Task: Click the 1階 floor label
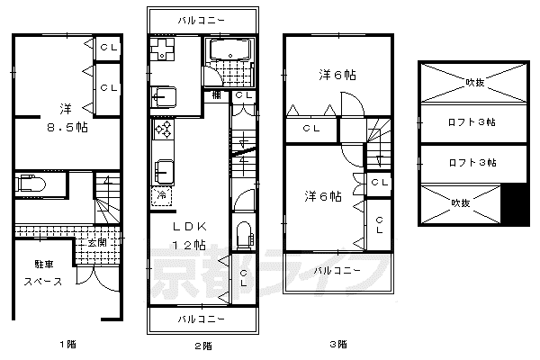pos(67,344)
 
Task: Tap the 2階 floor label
pos(203,346)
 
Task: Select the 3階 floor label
pos(338,344)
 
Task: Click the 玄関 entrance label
pos(97,242)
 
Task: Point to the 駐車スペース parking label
pos(43,273)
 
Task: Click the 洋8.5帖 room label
pos(67,118)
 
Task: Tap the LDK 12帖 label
pos(189,236)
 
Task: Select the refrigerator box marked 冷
pos(162,196)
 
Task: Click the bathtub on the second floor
pos(230,49)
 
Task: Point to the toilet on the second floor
pos(245,234)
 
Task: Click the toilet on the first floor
pos(31,184)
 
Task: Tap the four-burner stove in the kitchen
pos(163,130)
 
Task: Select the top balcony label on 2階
pos(202,21)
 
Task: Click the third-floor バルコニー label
pos(337,270)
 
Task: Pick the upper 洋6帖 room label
pos(337,75)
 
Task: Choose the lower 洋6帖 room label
pos(323,196)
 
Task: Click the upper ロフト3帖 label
pos(472,122)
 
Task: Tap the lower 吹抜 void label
pos(461,202)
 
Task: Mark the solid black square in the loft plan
pos(514,204)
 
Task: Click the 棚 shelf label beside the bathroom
pos(216,94)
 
